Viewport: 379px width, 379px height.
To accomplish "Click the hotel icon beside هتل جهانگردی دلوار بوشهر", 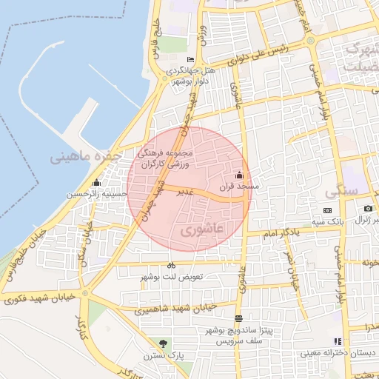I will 191,60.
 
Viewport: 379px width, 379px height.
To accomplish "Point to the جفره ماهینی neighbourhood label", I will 82,157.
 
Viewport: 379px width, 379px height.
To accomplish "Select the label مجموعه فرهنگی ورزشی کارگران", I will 165,157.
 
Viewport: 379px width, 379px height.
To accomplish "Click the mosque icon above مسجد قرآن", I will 238,175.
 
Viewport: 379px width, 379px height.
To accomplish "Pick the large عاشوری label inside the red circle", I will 201,230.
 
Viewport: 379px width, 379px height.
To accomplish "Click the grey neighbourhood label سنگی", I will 341,190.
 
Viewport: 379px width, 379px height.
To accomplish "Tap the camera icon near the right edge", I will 368,209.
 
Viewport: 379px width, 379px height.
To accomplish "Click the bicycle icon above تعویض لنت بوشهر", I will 171,265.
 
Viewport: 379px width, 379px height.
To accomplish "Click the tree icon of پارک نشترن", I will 163,343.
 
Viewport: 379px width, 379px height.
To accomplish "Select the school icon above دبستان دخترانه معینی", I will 338,342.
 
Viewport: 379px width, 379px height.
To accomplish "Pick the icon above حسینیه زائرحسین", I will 95,183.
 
